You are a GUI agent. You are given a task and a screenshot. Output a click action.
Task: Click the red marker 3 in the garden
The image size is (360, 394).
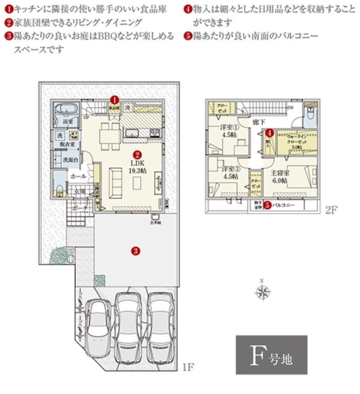coord(136,251)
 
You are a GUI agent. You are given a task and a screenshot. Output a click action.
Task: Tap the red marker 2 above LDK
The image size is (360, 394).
coord(136,155)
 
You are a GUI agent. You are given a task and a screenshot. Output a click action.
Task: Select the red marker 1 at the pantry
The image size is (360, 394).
coord(114,100)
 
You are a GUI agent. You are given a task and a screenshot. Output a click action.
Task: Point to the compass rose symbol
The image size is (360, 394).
coord(263,292)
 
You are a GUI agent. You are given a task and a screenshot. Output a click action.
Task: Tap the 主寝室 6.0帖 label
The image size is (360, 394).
coord(278,176)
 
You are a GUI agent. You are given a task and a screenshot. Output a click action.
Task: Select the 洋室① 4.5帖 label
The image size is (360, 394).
coord(228,131)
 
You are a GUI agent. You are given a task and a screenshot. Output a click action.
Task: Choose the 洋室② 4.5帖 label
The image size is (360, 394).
coord(229,172)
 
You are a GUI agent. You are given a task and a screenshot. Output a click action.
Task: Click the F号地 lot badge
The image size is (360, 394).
coord(271,356)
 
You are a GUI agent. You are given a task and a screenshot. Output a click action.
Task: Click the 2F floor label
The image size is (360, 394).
coord(331,210)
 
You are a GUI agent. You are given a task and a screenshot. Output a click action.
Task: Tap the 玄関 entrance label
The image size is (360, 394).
coord(79,191)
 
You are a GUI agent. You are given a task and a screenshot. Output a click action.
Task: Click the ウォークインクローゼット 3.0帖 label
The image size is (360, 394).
coord(294,141)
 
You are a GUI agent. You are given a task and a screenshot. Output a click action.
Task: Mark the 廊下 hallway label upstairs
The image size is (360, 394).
coord(259,123)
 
